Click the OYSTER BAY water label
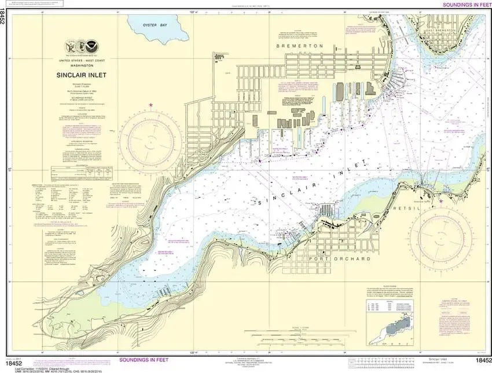(155, 25)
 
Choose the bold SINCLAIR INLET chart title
(81, 75)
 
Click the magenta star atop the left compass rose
(152, 105)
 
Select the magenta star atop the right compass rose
(443, 201)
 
